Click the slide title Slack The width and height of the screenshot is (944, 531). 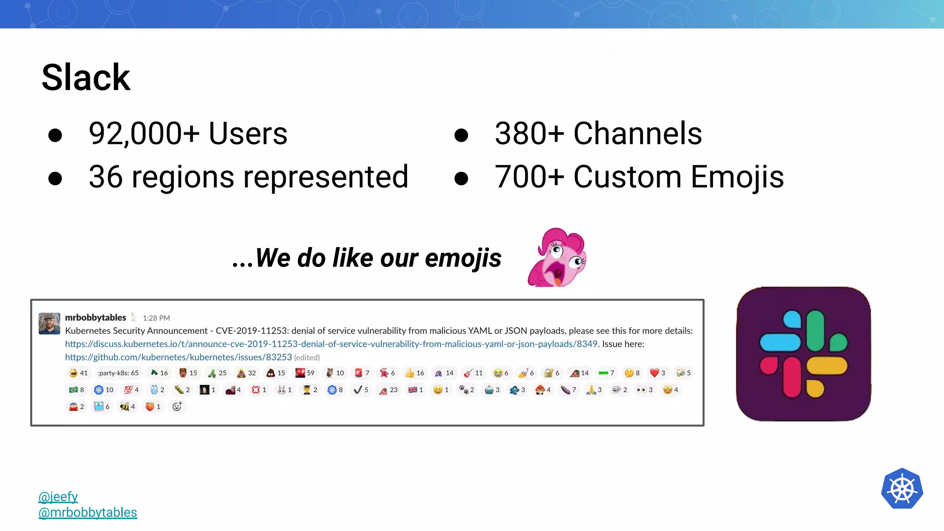tap(86, 77)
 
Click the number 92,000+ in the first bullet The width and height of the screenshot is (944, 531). tap(144, 134)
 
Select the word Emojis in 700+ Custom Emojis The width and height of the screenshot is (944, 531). tap(737, 177)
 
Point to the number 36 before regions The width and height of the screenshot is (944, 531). tap(106, 177)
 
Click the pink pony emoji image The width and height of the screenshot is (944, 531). tap(557, 257)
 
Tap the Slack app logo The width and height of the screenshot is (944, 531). tap(803, 354)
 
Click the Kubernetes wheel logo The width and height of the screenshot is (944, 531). tap(902, 489)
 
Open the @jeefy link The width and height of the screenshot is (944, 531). tap(58, 496)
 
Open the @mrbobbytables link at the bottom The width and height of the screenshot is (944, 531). tap(88, 513)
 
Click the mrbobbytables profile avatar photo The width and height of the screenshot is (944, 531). tap(49, 324)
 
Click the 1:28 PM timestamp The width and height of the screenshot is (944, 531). tap(156, 318)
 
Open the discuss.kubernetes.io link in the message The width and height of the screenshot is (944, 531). tap(331, 344)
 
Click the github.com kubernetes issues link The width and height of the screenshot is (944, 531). tap(178, 357)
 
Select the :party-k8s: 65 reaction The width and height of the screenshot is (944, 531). tap(118, 373)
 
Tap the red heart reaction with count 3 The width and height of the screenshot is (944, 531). tap(657, 373)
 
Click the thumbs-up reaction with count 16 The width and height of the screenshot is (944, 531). tap(414, 373)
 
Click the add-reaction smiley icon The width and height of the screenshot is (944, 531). tap(177, 407)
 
